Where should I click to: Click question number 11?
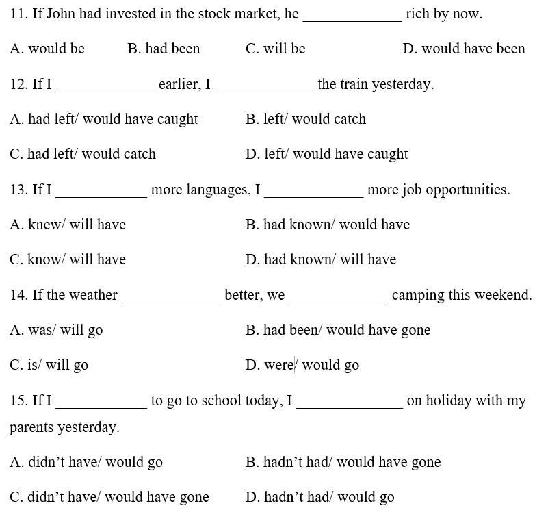(x=18, y=14)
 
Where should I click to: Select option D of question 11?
(x=464, y=49)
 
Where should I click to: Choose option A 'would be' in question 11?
(x=47, y=49)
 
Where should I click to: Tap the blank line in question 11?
(x=352, y=16)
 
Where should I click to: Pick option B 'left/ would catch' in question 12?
(x=306, y=119)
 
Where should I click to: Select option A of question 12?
(x=104, y=119)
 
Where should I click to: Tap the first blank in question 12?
(x=105, y=88)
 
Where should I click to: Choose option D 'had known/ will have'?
(x=321, y=259)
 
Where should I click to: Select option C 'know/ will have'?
(x=68, y=259)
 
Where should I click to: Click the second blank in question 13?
(x=313, y=193)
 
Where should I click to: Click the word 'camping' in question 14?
(x=417, y=295)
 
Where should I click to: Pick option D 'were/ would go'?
(x=302, y=365)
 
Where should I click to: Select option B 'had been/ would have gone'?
(x=338, y=330)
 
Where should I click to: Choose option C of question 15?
(x=109, y=497)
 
